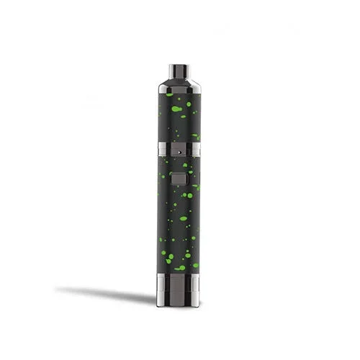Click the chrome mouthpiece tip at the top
[x=178, y=72]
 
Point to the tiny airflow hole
[x=178, y=152]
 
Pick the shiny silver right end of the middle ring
[x=195, y=149]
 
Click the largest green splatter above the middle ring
[x=176, y=109]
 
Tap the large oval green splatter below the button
[x=184, y=218]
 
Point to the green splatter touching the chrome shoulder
[x=169, y=94]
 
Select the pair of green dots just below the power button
[x=186, y=194]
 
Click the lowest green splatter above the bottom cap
[x=180, y=268]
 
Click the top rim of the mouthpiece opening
[x=178, y=66]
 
